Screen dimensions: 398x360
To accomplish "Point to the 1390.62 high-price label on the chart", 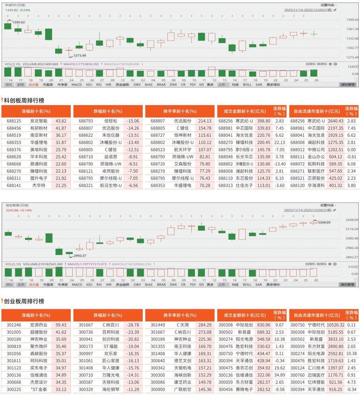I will click(18, 22).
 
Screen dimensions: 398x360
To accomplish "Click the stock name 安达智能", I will click(39, 121).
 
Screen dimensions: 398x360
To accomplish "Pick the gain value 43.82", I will click(61, 121).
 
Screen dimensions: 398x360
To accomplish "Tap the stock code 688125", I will click(14, 121).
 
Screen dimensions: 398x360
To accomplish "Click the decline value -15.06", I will click(132, 121).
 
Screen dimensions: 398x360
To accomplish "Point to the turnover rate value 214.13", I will click(204, 121).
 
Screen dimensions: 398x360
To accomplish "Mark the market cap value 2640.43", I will click(335, 121).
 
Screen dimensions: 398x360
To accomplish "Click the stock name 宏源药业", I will click(39, 325).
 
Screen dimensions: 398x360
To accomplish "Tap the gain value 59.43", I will click(61, 325).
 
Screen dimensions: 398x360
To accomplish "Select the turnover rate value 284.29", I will click(204, 325).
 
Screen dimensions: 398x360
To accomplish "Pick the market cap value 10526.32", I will click(335, 325).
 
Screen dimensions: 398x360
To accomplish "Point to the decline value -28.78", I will click(132, 325).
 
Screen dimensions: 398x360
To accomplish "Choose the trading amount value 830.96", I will click(263, 325).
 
